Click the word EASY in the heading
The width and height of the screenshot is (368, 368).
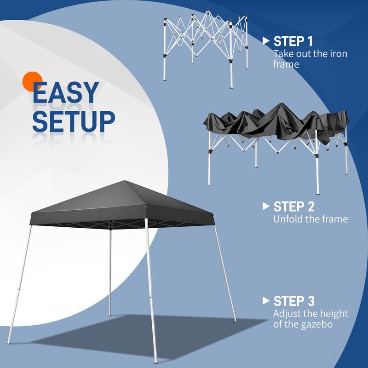click(x=65, y=93)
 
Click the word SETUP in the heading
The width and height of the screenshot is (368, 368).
click(x=74, y=121)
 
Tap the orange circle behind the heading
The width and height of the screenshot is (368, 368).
click(x=32, y=82)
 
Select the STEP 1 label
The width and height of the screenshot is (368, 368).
click(x=293, y=41)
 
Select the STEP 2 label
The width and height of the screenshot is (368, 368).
click(x=294, y=206)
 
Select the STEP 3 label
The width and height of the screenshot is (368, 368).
click(x=294, y=301)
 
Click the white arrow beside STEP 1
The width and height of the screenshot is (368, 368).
click(x=265, y=41)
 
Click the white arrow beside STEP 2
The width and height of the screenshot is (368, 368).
click(x=265, y=206)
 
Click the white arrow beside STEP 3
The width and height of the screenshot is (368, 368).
click(x=265, y=301)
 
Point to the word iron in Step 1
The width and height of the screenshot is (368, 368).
click(x=338, y=54)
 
